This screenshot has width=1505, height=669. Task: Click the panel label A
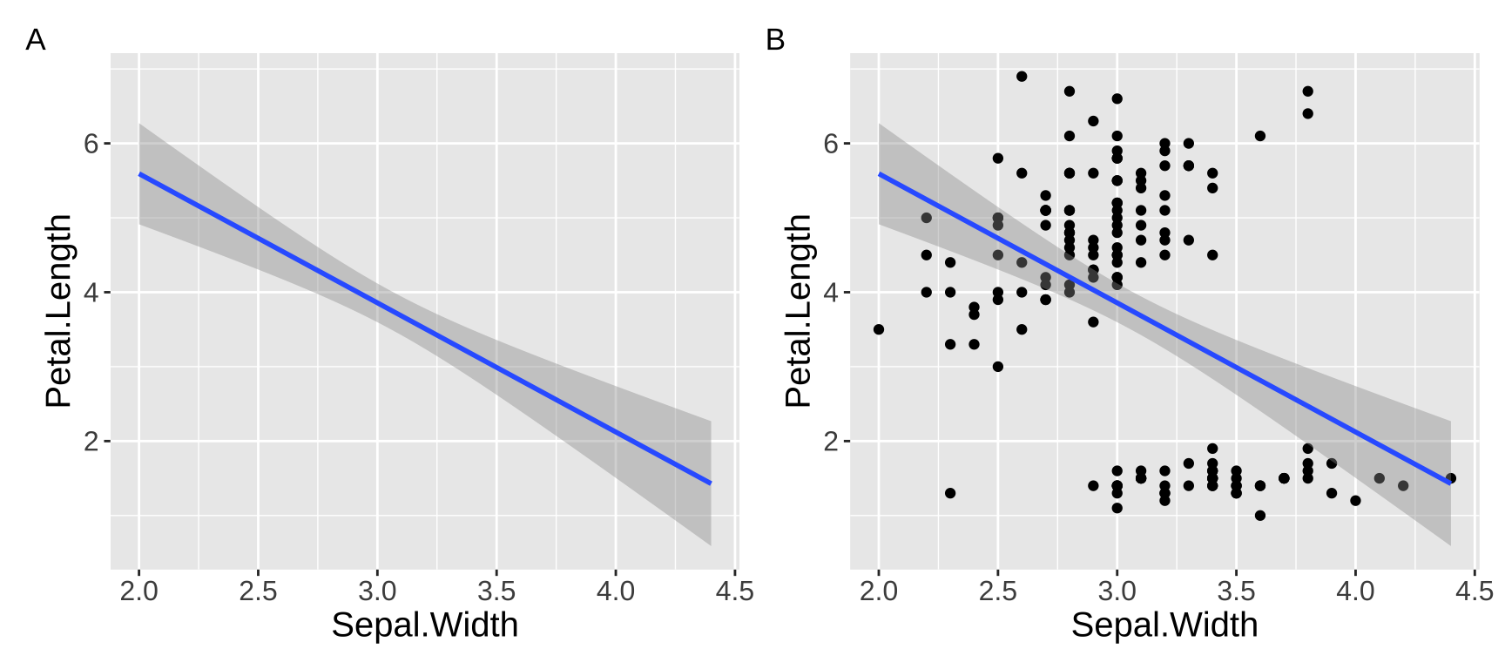click(35, 40)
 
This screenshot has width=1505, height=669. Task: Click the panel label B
click(774, 40)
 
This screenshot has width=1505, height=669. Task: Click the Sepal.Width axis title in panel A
click(424, 625)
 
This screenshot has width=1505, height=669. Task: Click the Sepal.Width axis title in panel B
click(1164, 625)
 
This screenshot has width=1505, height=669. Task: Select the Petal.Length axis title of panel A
click(59, 311)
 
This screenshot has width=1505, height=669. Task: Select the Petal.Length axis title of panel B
click(799, 311)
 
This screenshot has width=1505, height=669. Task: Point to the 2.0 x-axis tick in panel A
click(138, 591)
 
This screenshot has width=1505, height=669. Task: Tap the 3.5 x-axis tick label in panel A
click(496, 591)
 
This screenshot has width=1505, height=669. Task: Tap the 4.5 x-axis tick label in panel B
click(1474, 591)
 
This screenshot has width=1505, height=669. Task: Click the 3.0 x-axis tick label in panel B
click(1117, 591)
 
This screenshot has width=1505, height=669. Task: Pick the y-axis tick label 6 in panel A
click(91, 144)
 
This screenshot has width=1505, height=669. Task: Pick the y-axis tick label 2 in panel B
click(831, 442)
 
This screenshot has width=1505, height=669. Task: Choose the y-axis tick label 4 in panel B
click(831, 293)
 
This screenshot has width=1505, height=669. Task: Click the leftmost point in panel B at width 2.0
click(879, 329)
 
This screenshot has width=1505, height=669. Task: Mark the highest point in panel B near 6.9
click(1022, 77)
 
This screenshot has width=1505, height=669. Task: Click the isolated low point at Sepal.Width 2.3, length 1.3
click(950, 493)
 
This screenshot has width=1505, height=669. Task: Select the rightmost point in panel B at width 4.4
click(1450, 478)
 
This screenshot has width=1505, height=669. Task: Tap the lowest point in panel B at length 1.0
click(1259, 516)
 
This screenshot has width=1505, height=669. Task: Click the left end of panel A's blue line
click(140, 174)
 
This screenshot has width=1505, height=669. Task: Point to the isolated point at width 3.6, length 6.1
click(1259, 136)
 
